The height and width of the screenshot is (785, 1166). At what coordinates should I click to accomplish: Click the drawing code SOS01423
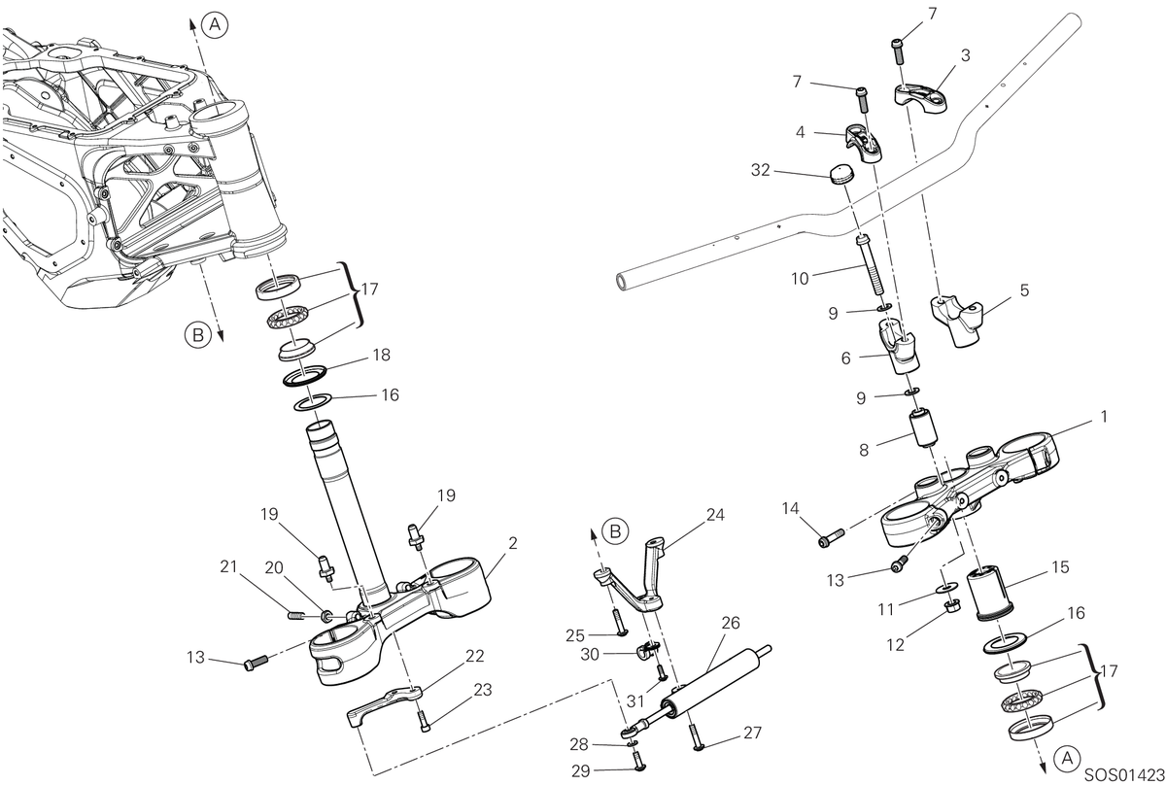pos(1124,775)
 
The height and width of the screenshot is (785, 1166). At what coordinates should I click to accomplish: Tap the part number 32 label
pos(761,170)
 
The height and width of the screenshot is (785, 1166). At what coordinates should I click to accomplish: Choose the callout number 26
pos(731,623)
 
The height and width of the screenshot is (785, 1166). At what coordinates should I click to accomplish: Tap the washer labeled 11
pos(944,588)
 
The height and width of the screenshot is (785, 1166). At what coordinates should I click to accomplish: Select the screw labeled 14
pos(833,537)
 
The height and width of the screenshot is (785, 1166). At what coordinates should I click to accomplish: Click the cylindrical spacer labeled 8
pos(922,427)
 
